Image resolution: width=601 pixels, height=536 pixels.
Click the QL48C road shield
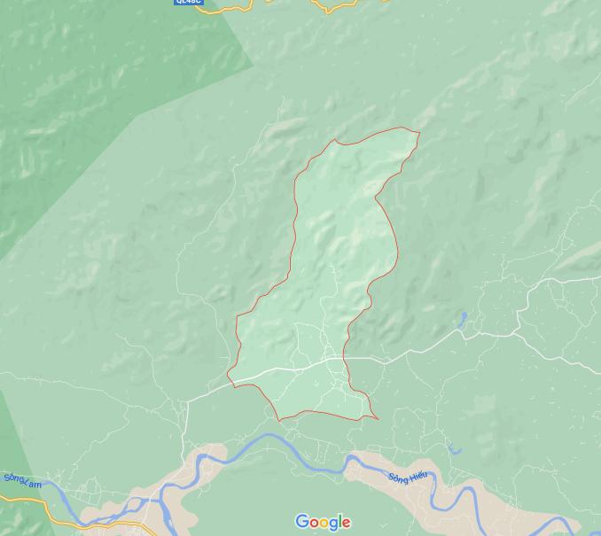188,2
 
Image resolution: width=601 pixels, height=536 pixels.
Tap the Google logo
323,522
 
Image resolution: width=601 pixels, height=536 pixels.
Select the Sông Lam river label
22,480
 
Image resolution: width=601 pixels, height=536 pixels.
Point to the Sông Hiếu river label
408,478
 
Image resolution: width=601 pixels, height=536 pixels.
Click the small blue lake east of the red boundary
462,318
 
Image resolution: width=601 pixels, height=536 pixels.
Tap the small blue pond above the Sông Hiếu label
455,450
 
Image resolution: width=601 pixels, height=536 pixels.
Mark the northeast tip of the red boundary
419,133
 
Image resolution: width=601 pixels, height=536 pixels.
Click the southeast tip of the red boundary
379,418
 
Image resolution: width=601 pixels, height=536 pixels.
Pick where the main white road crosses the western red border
232,381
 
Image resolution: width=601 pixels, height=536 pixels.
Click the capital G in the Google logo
301,522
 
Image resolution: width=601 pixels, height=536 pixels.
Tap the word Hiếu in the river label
418,476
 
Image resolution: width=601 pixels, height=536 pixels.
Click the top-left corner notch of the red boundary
335,140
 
